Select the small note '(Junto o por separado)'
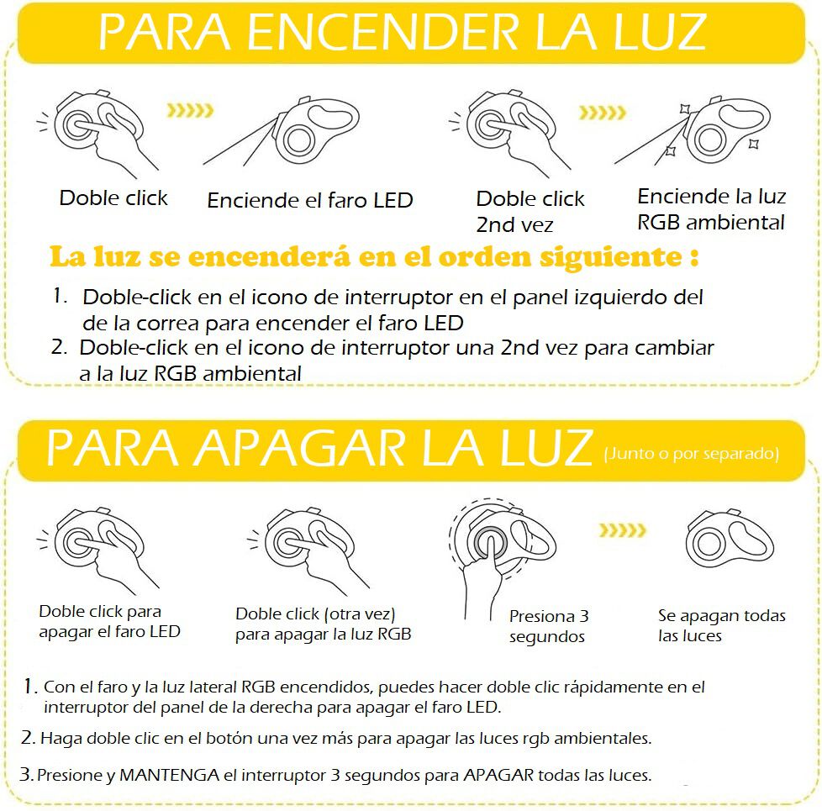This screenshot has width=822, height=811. click(691, 455)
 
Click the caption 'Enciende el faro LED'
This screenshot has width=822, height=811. click(310, 201)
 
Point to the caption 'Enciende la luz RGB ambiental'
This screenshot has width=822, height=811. click(711, 209)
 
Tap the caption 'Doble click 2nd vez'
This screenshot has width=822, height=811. click(530, 211)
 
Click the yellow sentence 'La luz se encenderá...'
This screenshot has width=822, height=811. click(374, 255)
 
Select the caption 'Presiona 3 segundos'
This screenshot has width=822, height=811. click(548, 627)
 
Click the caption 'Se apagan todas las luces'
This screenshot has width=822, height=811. click(721, 625)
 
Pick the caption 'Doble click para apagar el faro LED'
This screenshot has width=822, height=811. click(109, 621)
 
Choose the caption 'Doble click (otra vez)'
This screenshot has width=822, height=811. click(324, 624)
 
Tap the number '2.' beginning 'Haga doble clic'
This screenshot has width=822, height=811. click(28, 738)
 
